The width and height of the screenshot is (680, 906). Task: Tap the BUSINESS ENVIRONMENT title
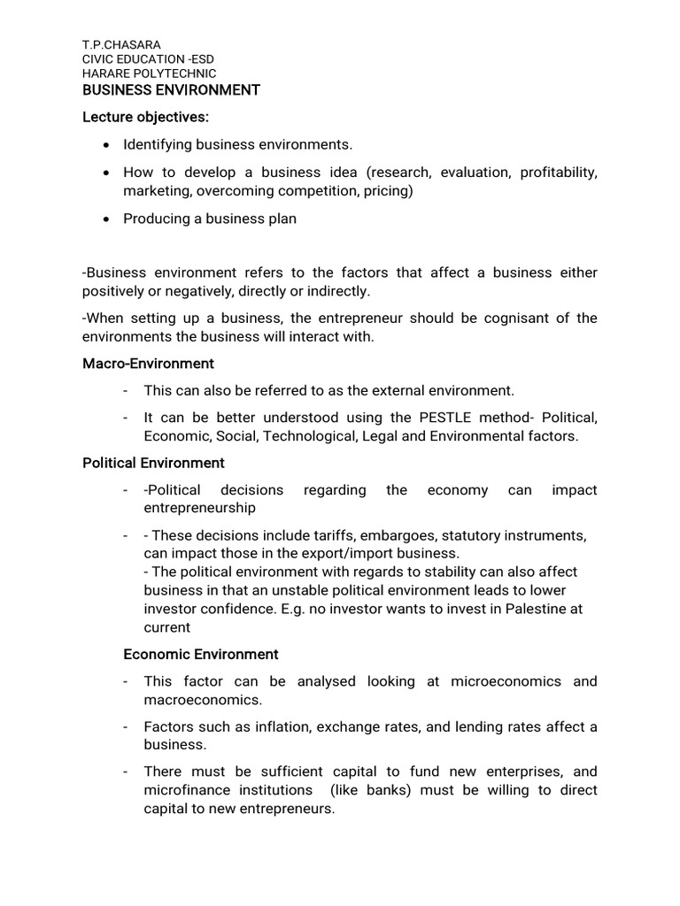pos(171,90)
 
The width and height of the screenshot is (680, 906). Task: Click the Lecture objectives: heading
pos(146,117)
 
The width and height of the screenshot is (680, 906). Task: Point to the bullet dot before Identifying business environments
pos(107,144)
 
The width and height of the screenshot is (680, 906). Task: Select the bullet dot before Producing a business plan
pos(107,219)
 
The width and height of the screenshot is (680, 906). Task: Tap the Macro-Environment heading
pos(148,364)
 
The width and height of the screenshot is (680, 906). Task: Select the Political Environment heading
pos(153,463)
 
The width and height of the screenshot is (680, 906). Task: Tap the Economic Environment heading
pos(200,655)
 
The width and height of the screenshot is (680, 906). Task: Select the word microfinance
pos(186,790)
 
